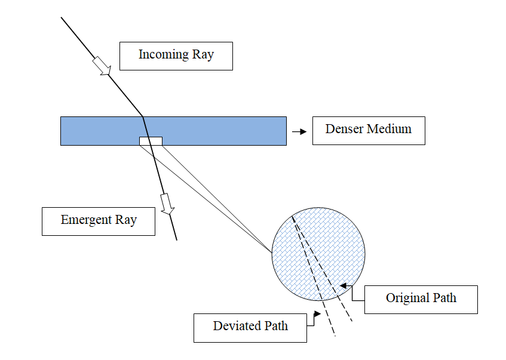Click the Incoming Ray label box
(176, 56)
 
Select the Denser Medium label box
(368, 130)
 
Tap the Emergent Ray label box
(98, 221)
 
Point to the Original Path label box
(421, 299)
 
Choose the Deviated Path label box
(250, 327)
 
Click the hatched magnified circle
(318, 253)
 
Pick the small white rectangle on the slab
(151, 141)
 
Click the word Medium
(389, 129)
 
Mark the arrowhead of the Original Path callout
(343, 287)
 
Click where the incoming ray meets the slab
(142, 116)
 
